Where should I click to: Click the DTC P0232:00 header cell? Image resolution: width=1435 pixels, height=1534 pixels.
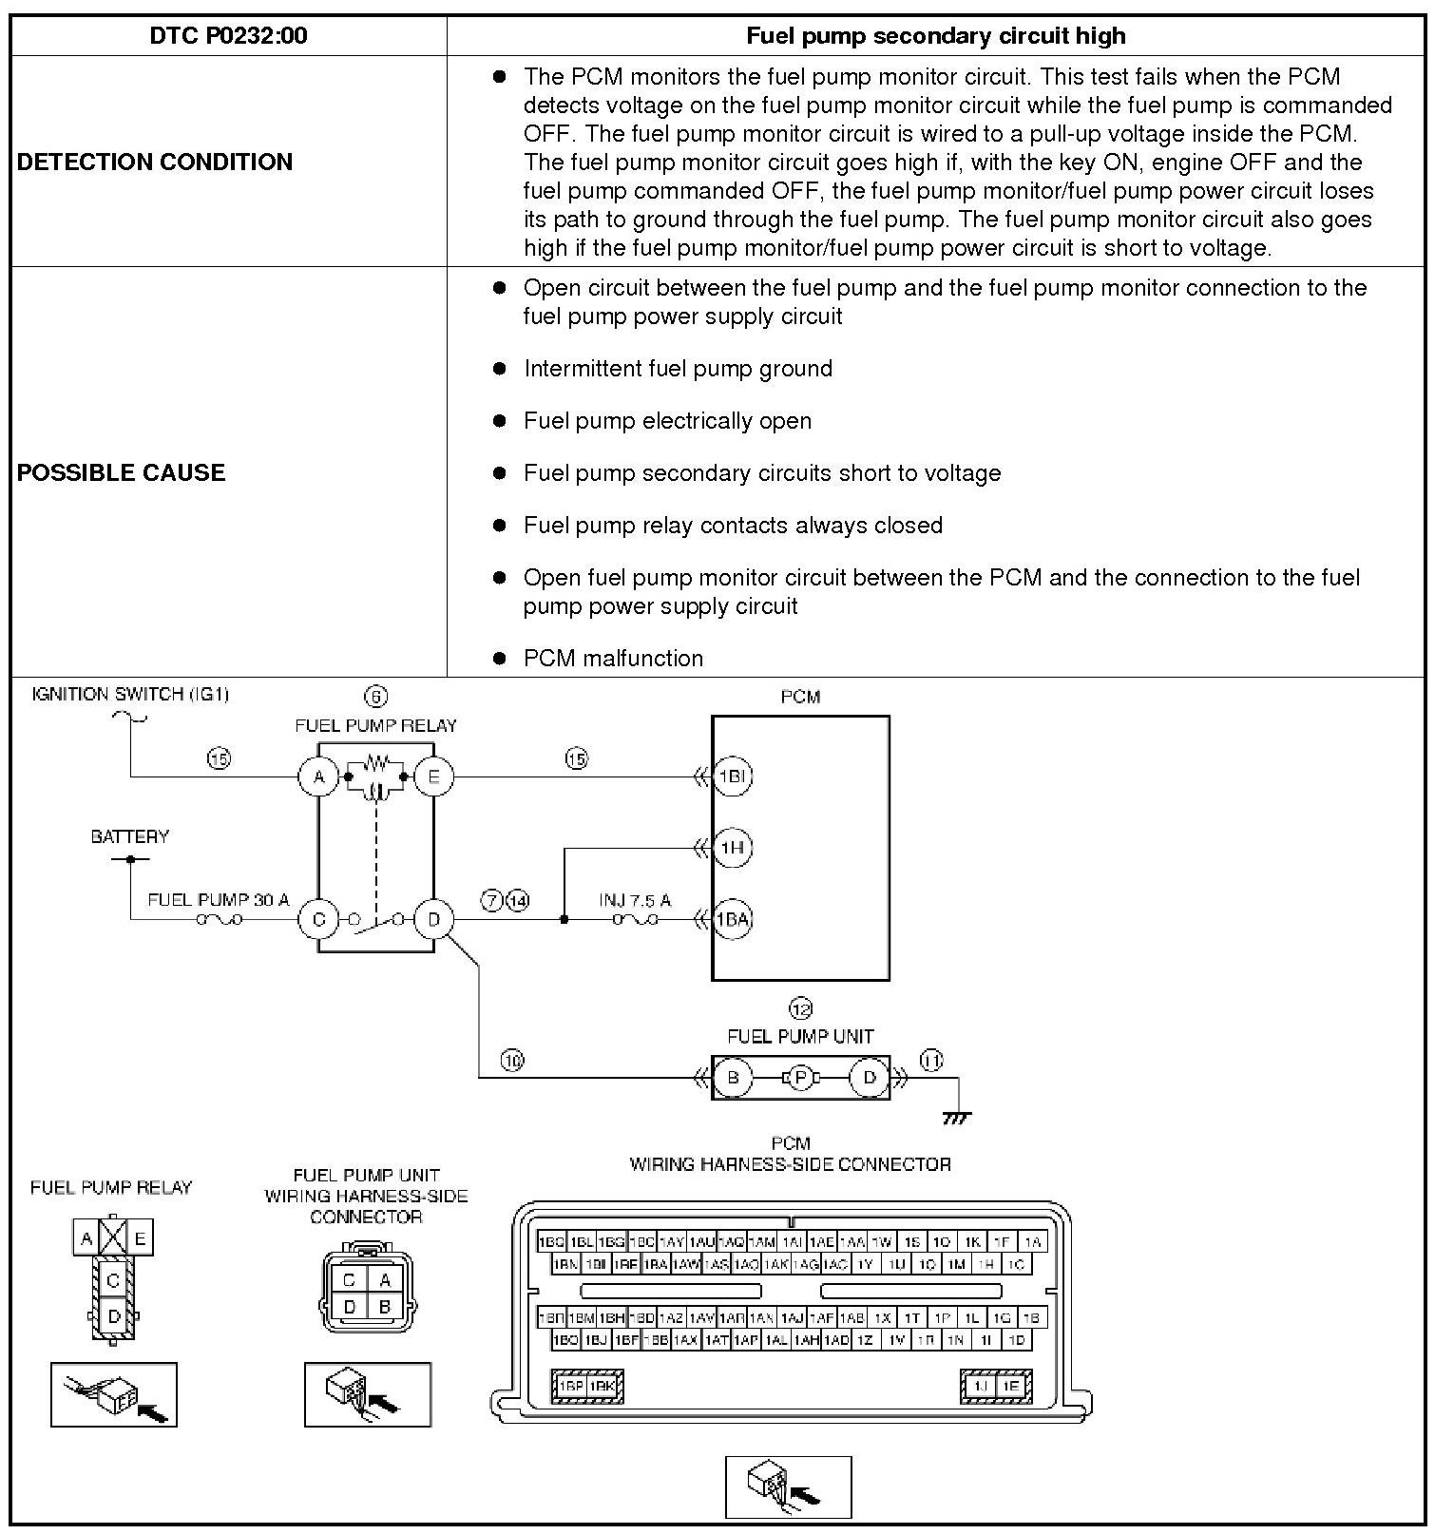[228, 36]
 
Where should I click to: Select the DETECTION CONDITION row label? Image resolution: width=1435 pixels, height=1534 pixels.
[155, 162]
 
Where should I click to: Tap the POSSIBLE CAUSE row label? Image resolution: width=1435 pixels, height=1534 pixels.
[122, 472]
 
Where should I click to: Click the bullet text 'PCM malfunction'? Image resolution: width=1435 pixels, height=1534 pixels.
[613, 658]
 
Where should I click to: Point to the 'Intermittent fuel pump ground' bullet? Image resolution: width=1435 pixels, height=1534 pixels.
[678, 369]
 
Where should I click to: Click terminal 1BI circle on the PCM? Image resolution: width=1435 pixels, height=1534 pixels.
[732, 777]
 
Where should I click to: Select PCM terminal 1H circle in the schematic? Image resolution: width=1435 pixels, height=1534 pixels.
[732, 847]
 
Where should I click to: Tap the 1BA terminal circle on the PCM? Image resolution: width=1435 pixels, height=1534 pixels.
[732, 919]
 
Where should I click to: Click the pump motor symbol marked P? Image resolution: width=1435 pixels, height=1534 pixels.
[800, 1077]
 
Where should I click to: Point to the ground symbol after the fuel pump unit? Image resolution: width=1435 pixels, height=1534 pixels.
[957, 1117]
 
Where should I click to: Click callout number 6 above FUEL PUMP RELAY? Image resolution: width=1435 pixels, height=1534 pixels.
[376, 697]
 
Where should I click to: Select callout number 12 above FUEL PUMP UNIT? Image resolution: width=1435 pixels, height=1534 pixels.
[800, 1008]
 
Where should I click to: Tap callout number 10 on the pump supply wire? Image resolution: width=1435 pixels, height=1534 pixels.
[512, 1060]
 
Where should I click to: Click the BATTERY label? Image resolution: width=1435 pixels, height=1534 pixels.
[130, 836]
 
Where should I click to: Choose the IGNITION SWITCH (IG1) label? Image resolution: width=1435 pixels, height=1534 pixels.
[130, 694]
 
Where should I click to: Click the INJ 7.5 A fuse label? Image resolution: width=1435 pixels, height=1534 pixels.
[635, 900]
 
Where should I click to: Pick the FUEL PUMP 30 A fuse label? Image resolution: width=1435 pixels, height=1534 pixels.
[219, 899]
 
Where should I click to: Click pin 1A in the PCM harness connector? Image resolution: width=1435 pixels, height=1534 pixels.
[1033, 1241]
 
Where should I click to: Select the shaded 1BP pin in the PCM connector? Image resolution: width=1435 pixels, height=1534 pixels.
[572, 1386]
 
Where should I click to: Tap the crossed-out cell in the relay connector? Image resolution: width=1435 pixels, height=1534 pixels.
[113, 1237]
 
